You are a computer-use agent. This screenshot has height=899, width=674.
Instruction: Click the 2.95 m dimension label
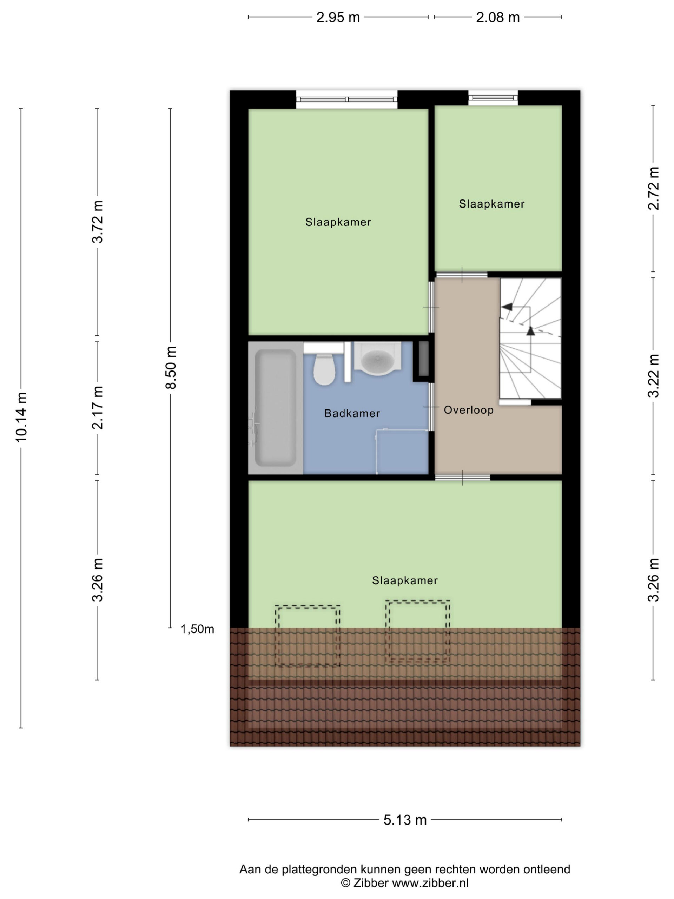tap(338, 18)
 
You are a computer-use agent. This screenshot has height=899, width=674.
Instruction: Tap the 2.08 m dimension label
tap(498, 18)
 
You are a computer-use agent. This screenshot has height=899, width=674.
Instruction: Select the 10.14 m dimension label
tap(21, 416)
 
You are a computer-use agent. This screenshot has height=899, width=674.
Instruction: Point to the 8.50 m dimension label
tap(171, 367)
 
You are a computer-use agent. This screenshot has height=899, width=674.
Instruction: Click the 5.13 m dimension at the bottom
tap(405, 820)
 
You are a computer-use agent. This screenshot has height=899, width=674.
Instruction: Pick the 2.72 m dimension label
tap(653, 188)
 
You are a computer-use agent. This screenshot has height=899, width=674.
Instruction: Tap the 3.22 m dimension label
tap(653, 375)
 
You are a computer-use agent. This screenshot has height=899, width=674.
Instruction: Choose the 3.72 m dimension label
tap(98, 222)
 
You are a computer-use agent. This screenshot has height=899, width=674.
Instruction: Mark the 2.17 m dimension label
tap(98, 408)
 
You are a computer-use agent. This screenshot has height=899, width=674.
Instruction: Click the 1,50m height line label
tap(197, 629)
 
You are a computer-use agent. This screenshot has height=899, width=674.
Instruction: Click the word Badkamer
tap(352, 413)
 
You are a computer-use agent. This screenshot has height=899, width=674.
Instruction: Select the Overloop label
tap(468, 410)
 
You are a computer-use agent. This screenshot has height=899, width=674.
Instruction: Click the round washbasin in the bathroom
tap(378, 359)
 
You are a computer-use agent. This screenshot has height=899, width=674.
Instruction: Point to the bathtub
tap(276, 408)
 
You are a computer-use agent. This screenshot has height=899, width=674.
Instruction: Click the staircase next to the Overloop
tap(530, 338)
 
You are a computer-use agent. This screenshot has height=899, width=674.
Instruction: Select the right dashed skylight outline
tap(418, 631)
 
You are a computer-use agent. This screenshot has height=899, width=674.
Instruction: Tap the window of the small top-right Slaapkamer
tap(493, 98)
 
